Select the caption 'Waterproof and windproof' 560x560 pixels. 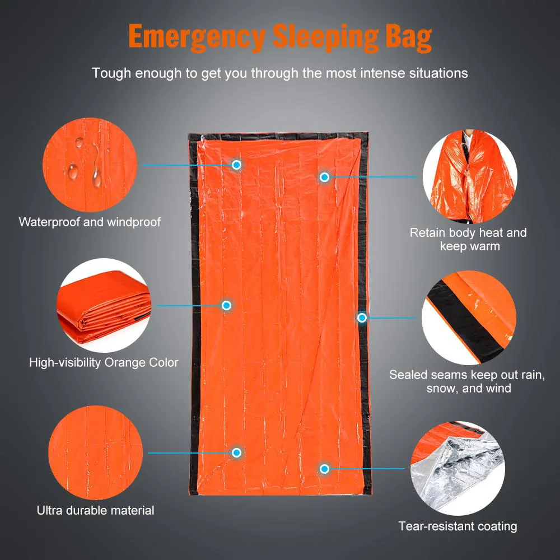pos(90,222)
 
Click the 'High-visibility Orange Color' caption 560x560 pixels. pos(104,362)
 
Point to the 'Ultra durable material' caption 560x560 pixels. pos(95,510)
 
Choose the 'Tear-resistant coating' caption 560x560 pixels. pos(458,526)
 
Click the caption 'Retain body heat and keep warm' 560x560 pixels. pos(468,239)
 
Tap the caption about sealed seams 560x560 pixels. pos(467,381)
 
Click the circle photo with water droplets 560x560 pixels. pos(90,166)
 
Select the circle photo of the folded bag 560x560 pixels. pos(104,305)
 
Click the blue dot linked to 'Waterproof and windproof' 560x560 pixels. pos(236,165)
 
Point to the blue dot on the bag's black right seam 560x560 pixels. pos(362,318)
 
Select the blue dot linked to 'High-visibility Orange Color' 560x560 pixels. pos(226,305)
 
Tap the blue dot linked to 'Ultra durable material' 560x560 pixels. pos(236,452)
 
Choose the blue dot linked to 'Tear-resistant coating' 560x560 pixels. pos(324,468)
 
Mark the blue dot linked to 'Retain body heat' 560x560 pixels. pos(324,177)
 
